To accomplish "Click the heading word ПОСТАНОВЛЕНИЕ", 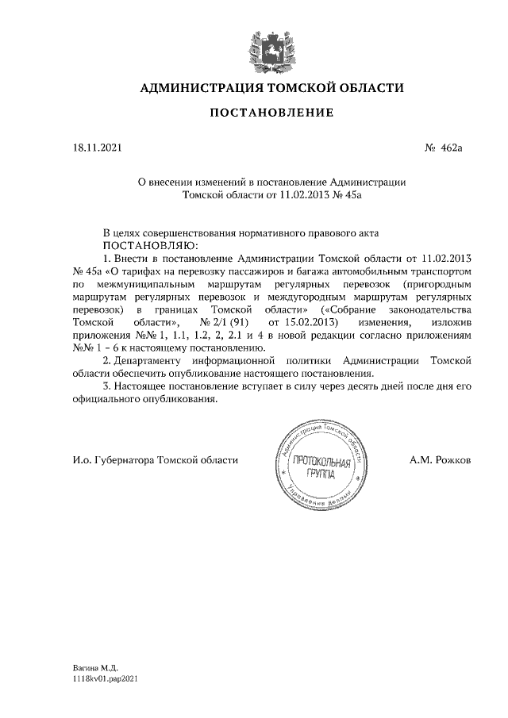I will (x=271, y=113).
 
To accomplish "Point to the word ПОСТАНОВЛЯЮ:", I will (x=149, y=245).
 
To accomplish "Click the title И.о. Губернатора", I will (x=114, y=459).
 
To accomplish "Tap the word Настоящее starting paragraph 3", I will (x=141, y=386).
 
